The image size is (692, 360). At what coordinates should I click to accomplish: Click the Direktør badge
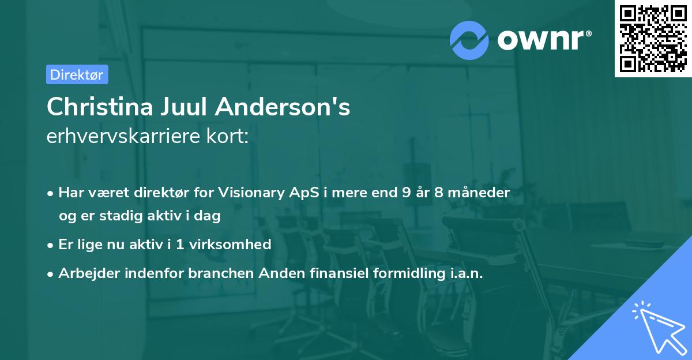coord(77,74)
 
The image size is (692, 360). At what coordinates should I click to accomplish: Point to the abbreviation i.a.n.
coord(463,273)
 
